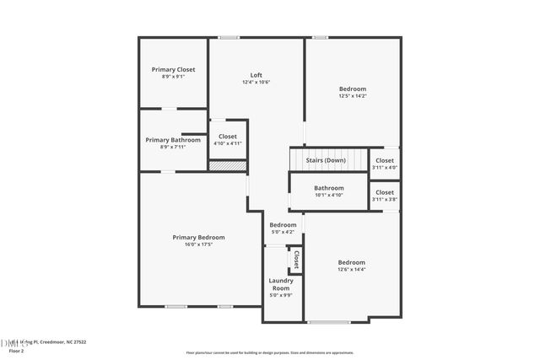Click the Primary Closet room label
tap(173, 69)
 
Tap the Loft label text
tap(256, 74)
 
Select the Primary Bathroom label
tap(173, 140)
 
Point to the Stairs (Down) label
tap(326, 160)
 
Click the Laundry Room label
tap(281, 283)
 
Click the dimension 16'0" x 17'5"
tap(198, 244)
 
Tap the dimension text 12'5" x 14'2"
tap(353, 96)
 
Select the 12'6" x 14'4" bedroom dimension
tap(352, 270)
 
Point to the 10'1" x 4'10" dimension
tap(329, 195)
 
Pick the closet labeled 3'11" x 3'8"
tap(385, 196)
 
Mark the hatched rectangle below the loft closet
tap(228, 166)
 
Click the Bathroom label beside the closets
tap(329, 188)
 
